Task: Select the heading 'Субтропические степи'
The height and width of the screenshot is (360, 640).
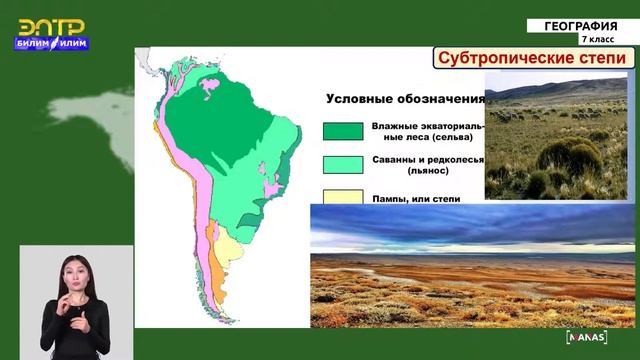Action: pyautogui.click(x=534, y=59)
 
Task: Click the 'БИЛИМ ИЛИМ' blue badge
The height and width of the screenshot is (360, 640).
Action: pyautogui.click(x=52, y=43)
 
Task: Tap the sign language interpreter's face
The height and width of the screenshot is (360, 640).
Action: pyautogui.click(x=74, y=271)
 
